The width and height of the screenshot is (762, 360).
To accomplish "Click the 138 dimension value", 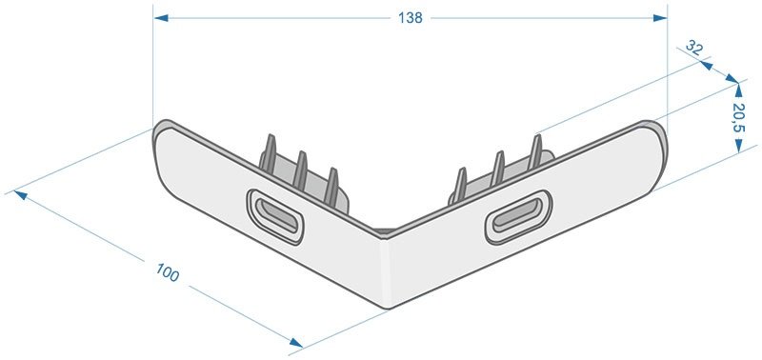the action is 411,18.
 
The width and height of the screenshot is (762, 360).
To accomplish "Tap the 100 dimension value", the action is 168,272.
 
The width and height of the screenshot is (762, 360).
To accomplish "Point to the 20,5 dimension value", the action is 739,118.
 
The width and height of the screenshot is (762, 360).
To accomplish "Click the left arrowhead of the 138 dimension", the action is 161,18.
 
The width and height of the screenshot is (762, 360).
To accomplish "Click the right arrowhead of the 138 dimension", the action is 660,18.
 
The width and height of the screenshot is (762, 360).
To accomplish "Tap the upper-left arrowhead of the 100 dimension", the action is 20,195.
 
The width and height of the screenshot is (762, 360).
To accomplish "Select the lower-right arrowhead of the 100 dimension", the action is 296,343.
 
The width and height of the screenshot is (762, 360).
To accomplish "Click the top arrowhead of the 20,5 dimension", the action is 739,90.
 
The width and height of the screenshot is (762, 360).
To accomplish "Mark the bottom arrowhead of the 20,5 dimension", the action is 739,146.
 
